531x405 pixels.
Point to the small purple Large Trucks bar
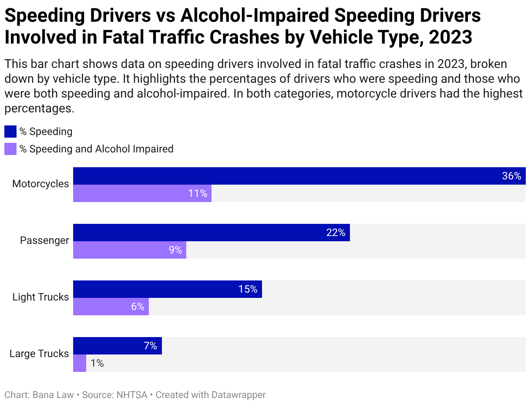80,363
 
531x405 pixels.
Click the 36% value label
511,176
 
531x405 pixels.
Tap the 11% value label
198,193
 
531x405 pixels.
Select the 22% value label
336,233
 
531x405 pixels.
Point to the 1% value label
97,363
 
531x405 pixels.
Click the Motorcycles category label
40,184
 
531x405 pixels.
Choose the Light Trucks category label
40,297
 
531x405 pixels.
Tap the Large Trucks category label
39,354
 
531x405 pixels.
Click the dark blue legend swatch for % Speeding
10,132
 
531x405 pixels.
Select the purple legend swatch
10,149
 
